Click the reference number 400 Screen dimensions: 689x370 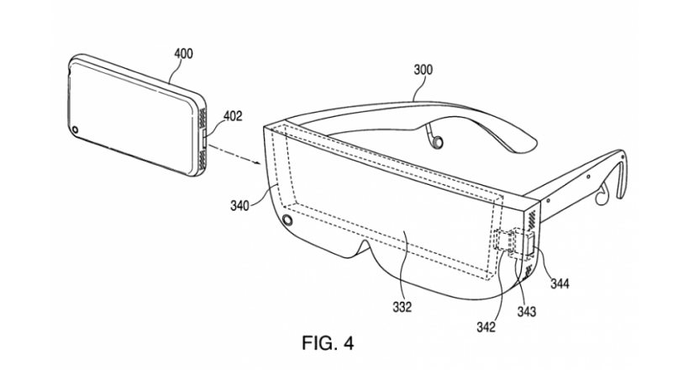[183, 54]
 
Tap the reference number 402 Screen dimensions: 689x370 [233, 116]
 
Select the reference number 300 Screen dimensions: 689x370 [423, 70]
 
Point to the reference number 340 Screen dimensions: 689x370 [239, 205]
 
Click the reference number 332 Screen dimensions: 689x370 [402, 307]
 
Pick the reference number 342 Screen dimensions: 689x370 [486, 326]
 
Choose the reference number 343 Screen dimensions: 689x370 [527, 311]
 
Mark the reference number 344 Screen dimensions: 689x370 [560, 283]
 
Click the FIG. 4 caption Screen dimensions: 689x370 [328, 343]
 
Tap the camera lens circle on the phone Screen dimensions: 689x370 [76, 129]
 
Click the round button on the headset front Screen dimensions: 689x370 [288, 220]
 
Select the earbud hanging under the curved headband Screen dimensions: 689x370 [437, 140]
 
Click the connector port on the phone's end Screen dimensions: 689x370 [204, 137]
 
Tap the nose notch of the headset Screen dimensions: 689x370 [367, 249]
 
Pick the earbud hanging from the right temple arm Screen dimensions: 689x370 [602, 194]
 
